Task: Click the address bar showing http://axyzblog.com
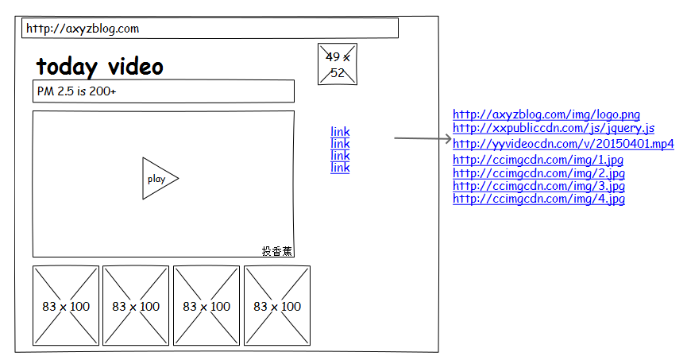pyautogui.click(x=210, y=28)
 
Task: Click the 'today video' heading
pyautogui.click(x=100, y=67)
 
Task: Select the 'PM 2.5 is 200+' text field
pyautogui.click(x=164, y=91)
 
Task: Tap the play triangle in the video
pyautogui.click(x=160, y=179)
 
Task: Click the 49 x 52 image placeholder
pyautogui.click(x=338, y=64)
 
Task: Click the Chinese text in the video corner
pyautogui.click(x=276, y=251)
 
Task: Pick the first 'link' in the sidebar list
pyautogui.click(x=340, y=132)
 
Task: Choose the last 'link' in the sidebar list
pyautogui.click(x=340, y=167)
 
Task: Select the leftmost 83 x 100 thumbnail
pyautogui.click(x=66, y=306)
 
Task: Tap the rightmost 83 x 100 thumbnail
pyautogui.click(x=277, y=306)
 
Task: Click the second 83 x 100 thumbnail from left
pyautogui.click(x=136, y=306)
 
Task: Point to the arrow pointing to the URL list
pyautogui.click(x=423, y=138)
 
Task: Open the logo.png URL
pyautogui.click(x=546, y=114)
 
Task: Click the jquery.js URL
pyautogui.click(x=554, y=128)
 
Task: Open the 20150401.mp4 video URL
pyautogui.click(x=563, y=143)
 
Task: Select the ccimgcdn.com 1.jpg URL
pyautogui.click(x=538, y=160)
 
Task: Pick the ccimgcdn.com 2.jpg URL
pyautogui.click(x=538, y=172)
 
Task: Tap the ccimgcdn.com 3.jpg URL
pyautogui.click(x=538, y=185)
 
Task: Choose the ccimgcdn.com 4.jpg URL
pyautogui.click(x=538, y=199)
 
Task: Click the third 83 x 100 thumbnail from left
pyautogui.click(x=206, y=306)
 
